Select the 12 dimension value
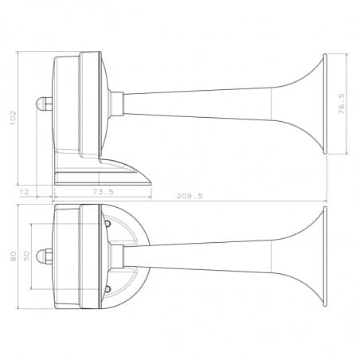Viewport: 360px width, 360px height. point(25,192)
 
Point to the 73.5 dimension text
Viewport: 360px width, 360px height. point(103,192)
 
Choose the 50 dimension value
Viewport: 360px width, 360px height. point(26,256)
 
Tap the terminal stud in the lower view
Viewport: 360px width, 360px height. point(43,256)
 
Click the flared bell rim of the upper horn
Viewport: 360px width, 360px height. point(324,104)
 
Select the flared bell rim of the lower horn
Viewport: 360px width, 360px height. point(324,256)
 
